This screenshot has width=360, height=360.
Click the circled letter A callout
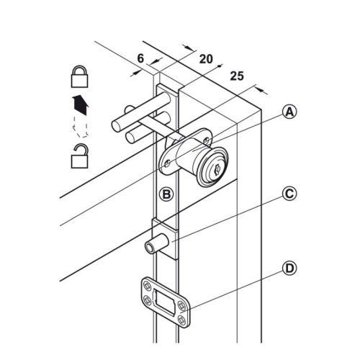289,112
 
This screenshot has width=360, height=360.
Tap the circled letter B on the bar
166,194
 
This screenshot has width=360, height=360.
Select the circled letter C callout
289,194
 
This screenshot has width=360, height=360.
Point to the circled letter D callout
289,269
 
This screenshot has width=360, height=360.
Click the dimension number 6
140,58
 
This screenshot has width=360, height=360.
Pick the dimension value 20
206,59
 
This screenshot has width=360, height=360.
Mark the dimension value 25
237,76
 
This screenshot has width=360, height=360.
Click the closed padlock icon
80,76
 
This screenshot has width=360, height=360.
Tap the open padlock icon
80,156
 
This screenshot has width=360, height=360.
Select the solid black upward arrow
81,105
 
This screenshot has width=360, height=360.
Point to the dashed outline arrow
81,127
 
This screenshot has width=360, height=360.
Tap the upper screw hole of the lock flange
206,140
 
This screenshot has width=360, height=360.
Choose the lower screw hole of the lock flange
168,163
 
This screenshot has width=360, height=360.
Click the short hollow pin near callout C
156,243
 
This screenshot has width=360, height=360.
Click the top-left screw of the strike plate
147,286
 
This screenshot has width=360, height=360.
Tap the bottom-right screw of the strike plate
181,320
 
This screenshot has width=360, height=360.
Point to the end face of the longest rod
117,126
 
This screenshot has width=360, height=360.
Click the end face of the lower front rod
130,138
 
